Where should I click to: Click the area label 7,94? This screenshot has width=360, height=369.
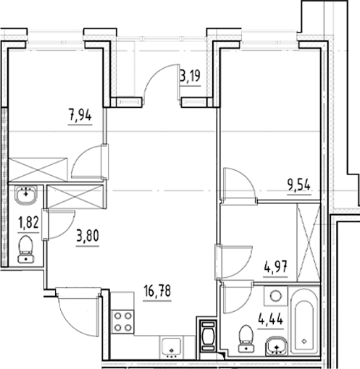[x=80, y=114]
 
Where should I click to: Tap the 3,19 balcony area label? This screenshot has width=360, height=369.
[x=190, y=74]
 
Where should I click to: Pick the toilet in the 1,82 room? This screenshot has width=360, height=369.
[x=27, y=247]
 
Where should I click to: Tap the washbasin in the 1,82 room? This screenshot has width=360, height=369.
[x=27, y=195]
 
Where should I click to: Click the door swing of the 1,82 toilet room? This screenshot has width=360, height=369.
[x=59, y=224]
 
